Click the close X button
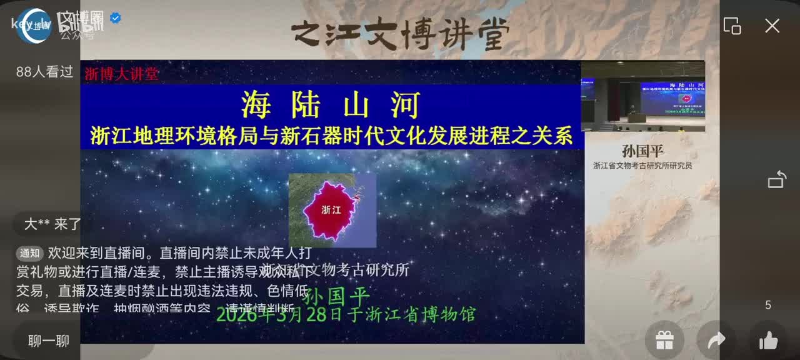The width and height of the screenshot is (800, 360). click(772, 26)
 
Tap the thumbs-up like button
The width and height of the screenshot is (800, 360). click(768, 341)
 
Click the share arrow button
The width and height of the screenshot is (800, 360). click(716, 340)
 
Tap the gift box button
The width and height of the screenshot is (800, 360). click(664, 341)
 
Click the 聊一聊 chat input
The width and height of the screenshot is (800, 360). click(49, 341)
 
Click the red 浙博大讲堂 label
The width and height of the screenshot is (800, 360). click(122, 74)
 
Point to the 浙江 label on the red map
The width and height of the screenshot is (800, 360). click(331, 210)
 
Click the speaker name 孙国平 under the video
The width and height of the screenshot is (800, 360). click(642, 151)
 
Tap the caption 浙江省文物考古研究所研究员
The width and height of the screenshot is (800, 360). click(642, 166)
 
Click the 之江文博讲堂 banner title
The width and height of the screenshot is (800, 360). click(400, 34)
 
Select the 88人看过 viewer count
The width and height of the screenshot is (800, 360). click(45, 72)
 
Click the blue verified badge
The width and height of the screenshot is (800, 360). click(116, 18)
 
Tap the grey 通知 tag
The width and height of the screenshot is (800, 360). click(30, 254)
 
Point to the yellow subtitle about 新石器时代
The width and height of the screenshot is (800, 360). click(331, 136)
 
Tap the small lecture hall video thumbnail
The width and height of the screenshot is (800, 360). click(642, 96)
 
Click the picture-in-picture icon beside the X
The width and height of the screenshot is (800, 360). click(732, 26)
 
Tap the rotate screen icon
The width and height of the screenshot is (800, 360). click(777, 179)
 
